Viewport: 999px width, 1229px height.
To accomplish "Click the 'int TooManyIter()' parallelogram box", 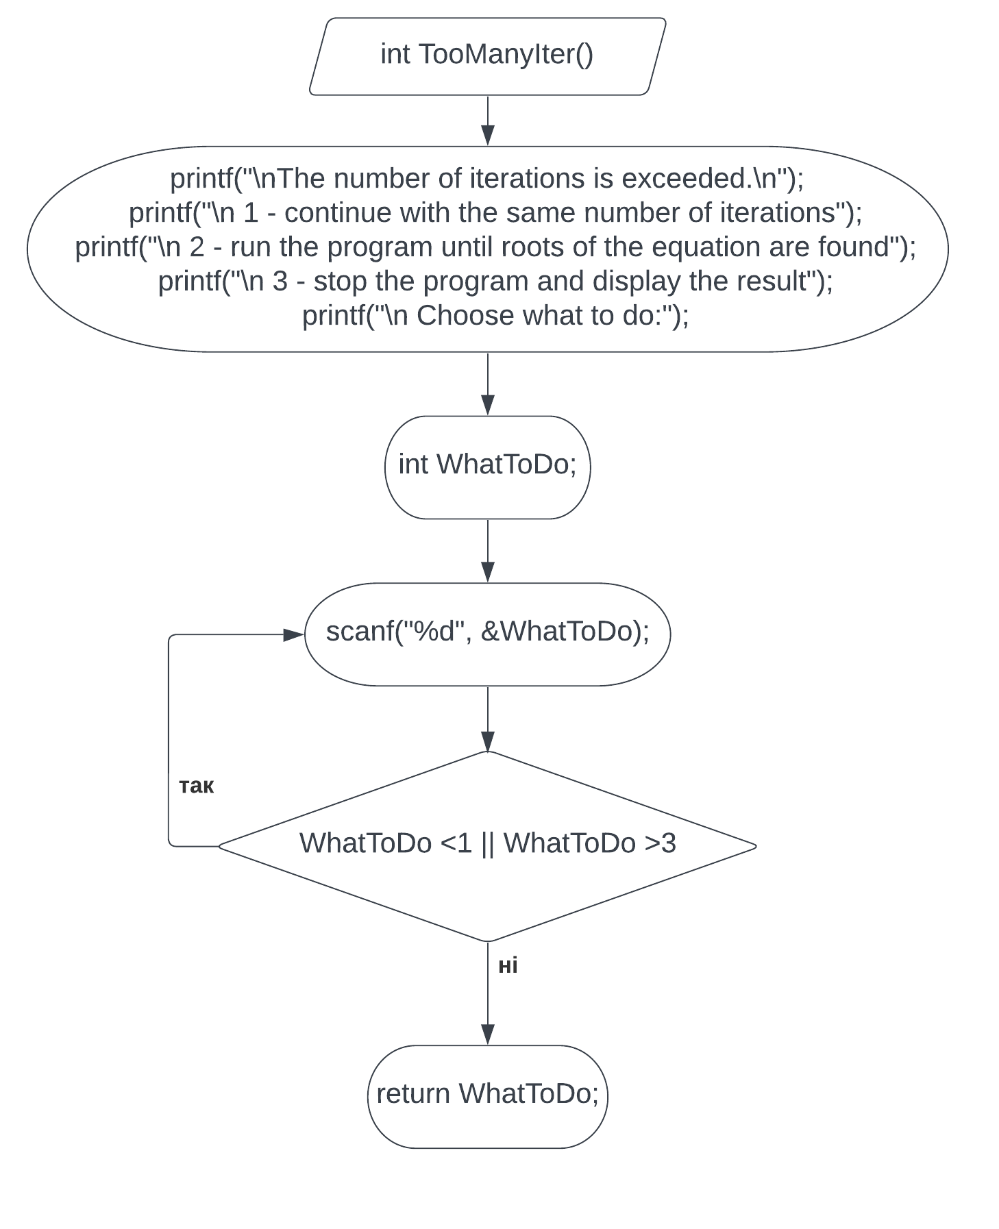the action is tap(487, 56).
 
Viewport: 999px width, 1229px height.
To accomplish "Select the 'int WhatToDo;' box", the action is tap(487, 467).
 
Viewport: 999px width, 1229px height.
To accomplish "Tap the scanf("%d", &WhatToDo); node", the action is tap(487, 634).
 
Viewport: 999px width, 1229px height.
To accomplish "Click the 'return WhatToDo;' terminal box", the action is tap(487, 1097).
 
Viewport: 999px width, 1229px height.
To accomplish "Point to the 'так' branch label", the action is tap(197, 786).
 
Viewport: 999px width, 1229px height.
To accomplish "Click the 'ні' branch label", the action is tap(508, 965).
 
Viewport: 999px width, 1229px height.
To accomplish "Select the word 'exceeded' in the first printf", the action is tap(682, 178).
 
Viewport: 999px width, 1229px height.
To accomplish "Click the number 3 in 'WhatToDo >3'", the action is tap(669, 843).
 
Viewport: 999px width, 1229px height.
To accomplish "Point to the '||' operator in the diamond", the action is tap(488, 844).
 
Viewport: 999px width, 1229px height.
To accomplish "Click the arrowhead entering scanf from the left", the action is tap(295, 635).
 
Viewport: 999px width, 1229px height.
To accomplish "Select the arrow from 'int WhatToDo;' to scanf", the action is tap(488, 551).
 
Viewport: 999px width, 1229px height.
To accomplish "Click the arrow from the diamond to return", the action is tap(488, 993).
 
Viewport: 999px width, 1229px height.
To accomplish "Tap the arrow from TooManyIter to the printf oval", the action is tap(488, 121).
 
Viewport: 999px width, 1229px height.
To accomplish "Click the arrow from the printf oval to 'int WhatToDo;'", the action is tap(488, 384).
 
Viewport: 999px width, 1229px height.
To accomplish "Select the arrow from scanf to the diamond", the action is tap(488, 719).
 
